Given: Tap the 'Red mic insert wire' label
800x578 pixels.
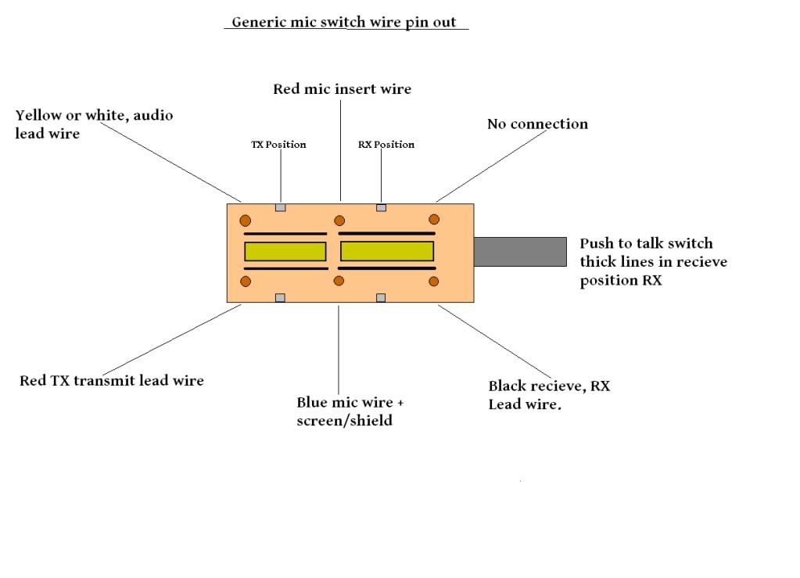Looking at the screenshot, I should point(342,89).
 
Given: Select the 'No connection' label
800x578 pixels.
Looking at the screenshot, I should point(537,124).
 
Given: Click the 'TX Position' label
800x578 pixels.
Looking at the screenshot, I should point(278,145).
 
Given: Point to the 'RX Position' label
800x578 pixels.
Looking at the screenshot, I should point(386,145).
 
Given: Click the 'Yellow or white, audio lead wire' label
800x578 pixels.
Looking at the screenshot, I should point(94,124).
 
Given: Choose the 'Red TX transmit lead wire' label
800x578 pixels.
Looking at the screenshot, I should point(112,381).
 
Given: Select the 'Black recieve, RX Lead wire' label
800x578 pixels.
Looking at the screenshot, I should point(548,394).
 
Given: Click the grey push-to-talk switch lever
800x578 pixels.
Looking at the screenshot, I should point(520,252).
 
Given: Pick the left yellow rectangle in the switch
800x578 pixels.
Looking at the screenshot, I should point(285,251).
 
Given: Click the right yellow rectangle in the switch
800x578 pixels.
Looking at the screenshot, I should point(387,251).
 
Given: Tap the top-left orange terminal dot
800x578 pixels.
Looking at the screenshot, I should point(246,220).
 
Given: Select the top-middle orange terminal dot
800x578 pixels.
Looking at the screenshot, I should point(339,220).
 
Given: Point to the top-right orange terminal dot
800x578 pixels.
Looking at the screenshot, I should point(434,220).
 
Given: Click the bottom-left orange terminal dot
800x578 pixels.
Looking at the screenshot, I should point(246,281).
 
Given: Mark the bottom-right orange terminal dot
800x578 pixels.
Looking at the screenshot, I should point(434,281).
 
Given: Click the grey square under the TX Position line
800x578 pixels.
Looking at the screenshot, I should point(281,208).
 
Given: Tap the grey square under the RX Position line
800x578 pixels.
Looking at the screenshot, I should point(381,208).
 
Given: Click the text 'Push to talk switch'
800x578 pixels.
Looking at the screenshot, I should point(646,243).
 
